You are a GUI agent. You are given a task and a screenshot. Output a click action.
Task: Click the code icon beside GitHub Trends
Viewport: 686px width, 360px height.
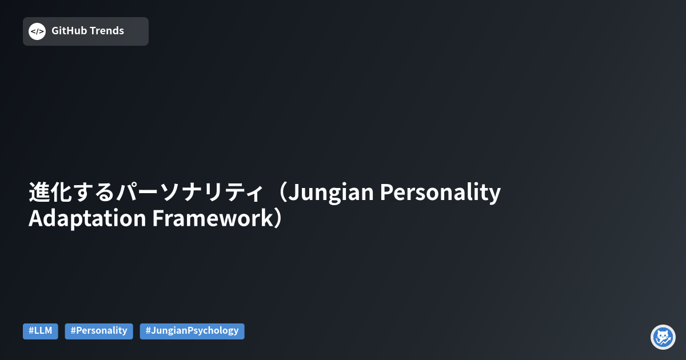[x=37, y=31]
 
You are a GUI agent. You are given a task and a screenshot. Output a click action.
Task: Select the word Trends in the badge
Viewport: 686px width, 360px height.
[x=106, y=31]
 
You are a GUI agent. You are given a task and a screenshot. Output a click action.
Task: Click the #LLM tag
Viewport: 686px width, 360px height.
[x=41, y=331]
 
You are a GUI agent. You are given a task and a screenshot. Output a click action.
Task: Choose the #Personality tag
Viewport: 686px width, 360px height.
[x=99, y=331]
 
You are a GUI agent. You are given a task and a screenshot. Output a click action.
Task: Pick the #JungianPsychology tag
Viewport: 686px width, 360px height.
[x=192, y=331]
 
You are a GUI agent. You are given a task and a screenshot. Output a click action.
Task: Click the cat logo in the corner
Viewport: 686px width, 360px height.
[x=663, y=337]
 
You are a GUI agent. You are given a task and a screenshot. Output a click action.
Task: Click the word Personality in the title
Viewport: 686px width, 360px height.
[x=440, y=193]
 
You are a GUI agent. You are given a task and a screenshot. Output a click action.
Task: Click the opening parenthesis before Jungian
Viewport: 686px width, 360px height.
[x=278, y=193]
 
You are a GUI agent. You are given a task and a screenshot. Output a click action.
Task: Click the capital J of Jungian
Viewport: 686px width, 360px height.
[x=293, y=193]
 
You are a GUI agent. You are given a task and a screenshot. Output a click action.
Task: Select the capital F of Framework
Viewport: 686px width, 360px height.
[x=157, y=219]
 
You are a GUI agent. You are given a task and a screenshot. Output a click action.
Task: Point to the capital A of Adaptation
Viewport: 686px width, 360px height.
[x=36, y=219]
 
